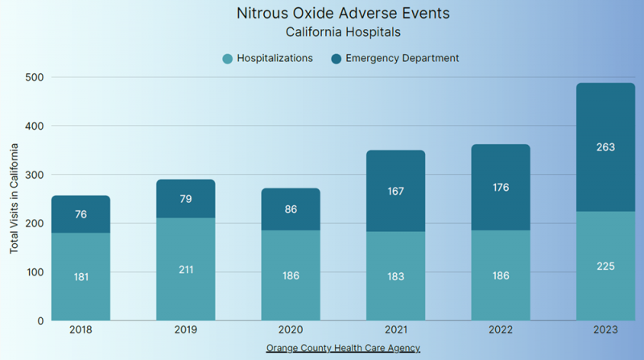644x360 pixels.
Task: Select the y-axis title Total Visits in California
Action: click(14, 198)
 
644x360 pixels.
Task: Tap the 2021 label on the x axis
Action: click(395, 329)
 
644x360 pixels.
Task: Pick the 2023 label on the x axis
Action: click(605, 329)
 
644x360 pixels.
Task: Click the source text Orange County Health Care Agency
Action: click(344, 347)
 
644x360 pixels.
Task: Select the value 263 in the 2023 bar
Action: click(605, 147)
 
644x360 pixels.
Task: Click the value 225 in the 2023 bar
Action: click(605, 266)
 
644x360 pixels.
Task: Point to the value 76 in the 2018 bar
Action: click(80, 214)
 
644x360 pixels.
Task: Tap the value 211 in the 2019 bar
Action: click(186, 269)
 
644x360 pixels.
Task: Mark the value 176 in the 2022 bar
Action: click(501, 188)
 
